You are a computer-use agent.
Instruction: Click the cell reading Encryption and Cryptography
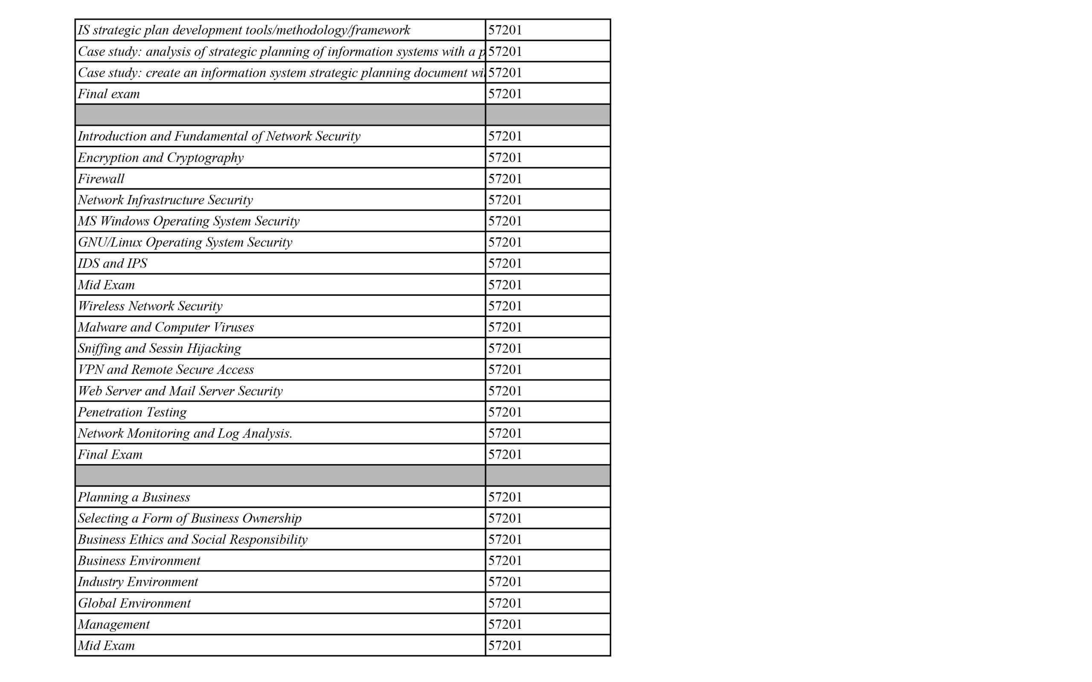(x=161, y=157)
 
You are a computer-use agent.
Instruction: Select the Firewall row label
(x=101, y=179)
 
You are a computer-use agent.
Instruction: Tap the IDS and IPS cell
(x=112, y=263)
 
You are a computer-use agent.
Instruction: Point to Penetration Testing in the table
(x=132, y=412)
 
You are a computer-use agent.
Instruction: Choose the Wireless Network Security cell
(x=150, y=306)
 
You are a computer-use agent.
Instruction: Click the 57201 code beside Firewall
(x=505, y=179)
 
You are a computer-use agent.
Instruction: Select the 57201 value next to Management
(x=505, y=624)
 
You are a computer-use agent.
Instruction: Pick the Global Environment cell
(x=134, y=603)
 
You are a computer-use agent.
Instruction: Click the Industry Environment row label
(x=138, y=582)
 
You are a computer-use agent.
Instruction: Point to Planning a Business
(x=134, y=497)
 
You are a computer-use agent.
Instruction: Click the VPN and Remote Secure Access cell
(x=166, y=370)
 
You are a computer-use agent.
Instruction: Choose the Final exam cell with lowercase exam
(x=109, y=94)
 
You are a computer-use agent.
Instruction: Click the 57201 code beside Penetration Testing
(x=505, y=412)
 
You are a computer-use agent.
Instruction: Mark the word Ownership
(x=272, y=518)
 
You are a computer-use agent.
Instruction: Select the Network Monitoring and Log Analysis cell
(x=185, y=433)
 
